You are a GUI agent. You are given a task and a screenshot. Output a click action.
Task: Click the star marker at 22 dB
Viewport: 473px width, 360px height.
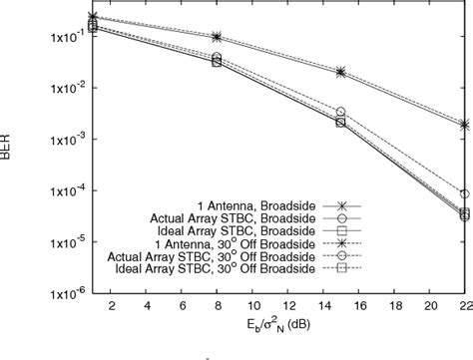point(464,125)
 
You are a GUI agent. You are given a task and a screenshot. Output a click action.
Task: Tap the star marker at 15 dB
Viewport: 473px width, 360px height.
point(340,72)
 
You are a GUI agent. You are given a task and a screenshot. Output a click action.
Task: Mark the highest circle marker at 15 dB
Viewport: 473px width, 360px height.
point(340,113)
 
